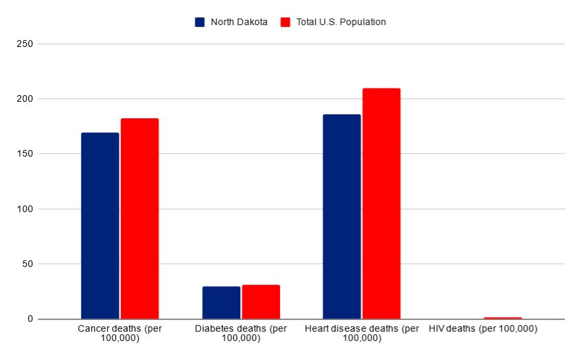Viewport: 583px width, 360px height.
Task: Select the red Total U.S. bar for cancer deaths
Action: [139, 219]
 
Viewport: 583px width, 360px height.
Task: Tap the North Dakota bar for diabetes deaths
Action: [221, 303]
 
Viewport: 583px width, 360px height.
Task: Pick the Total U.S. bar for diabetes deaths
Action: [261, 302]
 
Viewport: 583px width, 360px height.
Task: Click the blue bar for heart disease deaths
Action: [341, 217]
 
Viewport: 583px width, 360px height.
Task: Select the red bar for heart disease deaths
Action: [381, 203]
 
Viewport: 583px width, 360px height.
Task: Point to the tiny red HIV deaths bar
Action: [502, 318]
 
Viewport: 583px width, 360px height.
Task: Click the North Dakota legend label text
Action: [239, 22]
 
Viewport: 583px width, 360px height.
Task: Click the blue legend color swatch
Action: [200, 22]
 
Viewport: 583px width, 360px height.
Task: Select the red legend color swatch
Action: [285, 22]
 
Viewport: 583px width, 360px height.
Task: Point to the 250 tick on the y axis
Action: [26, 44]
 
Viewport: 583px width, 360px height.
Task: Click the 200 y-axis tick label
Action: [26, 99]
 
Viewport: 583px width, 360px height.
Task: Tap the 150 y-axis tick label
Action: [26, 154]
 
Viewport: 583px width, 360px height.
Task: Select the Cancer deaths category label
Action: [120, 334]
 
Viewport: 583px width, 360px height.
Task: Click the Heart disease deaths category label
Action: [362, 334]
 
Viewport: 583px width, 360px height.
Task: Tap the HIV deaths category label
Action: [483, 329]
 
